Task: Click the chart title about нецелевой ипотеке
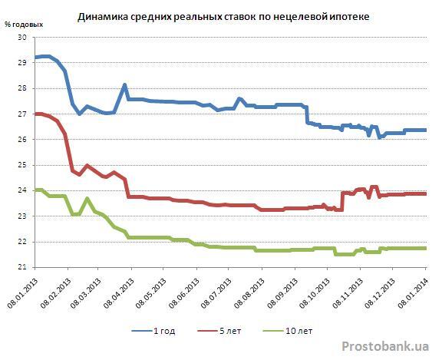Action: pyautogui.click(x=223, y=17)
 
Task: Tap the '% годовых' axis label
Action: pyautogui.click(x=24, y=25)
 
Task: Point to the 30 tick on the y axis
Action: pyautogui.click(x=21, y=37)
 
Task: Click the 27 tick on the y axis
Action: pyautogui.click(x=21, y=114)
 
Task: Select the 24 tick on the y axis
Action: pyautogui.click(x=21, y=190)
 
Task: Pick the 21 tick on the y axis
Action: pyautogui.click(x=21, y=267)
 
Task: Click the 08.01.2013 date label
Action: pyautogui.click(x=22, y=293)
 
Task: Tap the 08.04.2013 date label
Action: pyautogui.click(x=118, y=293)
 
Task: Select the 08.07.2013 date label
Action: pyautogui.click(x=216, y=293)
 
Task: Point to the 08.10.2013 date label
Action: pyautogui.click(x=314, y=293)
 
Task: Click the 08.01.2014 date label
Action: pyautogui.click(x=413, y=293)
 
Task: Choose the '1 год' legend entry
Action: pyautogui.click(x=153, y=331)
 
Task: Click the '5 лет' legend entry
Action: pyautogui.click(x=219, y=331)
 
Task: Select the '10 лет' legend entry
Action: pyautogui.click(x=288, y=331)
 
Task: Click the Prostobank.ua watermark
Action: pyautogui.click(x=385, y=346)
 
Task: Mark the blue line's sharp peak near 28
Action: pyautogui.click(x=124, y=84)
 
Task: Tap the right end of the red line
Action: pyautogui.click(x=425, y=193)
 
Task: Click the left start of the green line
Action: pyautogui.click(x=35, y=190)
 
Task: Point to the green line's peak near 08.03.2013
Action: pyautogui.click(x=87, y=199)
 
